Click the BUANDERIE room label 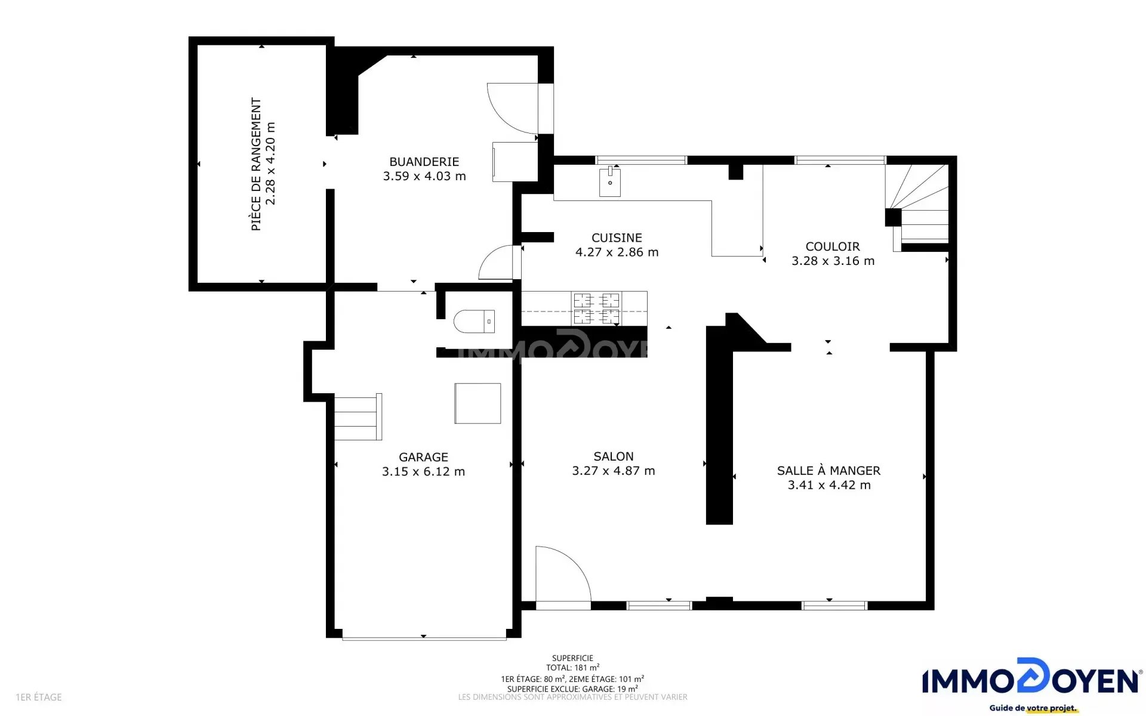click(424, 162)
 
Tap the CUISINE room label click(617, 237)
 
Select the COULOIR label click(833, 246)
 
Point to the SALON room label click(614, 456)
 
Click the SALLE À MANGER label click(828, 470)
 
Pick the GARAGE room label click(423, 457)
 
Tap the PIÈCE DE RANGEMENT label click(256, 164)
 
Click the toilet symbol click(474, 321)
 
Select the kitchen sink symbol click(610, 181)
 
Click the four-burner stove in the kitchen click(597, 308)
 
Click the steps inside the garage click(358, 416)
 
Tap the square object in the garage click(478, 403)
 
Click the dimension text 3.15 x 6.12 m click(423, 471)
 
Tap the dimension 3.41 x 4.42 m click(829, 485)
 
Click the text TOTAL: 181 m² click(572, 668)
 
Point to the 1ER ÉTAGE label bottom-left click(39, 697)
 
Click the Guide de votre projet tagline click(1033, 708)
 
